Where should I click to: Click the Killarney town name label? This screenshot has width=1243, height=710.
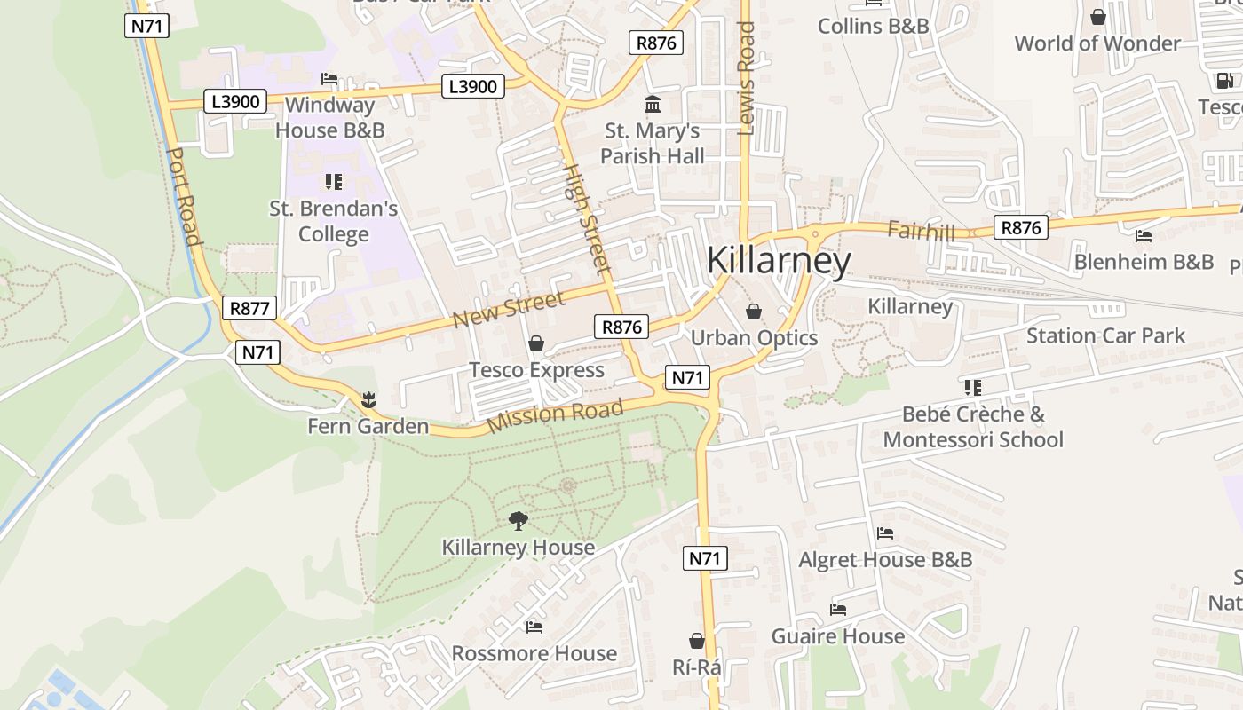point(779,261)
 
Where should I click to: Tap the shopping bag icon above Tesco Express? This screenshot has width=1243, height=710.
point(536,343)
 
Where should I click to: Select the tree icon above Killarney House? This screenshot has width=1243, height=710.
point(519,521)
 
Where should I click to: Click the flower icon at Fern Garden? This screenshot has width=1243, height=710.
point(369,400)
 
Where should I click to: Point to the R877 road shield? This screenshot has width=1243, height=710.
point(249,308)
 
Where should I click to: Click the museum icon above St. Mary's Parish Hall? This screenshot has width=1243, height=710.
point(653,105)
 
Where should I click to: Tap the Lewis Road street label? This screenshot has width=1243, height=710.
point(746,78)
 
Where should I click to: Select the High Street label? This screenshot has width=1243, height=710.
point(588,217)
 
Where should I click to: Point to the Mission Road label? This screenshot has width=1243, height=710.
point(555,415)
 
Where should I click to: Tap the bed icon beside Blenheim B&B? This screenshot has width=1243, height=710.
point(1144,236)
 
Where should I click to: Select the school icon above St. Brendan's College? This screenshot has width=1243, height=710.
point(334,182)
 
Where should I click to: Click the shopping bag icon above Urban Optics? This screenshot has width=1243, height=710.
point(754,312)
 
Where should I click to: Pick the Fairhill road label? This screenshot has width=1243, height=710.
point(921,232)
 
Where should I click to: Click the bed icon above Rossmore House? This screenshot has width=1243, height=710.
point(534,627)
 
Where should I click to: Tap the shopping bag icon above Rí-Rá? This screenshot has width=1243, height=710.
point(697,640)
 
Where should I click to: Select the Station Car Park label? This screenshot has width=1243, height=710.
point(1105,335)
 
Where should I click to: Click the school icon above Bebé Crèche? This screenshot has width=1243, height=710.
point(973,388)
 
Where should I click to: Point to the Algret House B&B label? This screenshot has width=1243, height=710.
point(885,560)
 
